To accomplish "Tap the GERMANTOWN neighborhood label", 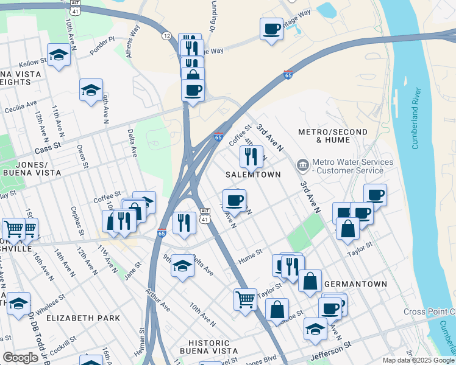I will tap(355, 284).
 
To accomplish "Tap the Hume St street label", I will tap(250, 252).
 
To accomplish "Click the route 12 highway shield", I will tap(166, 36).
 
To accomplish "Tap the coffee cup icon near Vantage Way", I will tap(271, 28).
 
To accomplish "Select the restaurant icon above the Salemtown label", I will tap(251, 156).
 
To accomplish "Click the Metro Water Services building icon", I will tap(302, 165).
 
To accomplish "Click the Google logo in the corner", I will tap(20, 357).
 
